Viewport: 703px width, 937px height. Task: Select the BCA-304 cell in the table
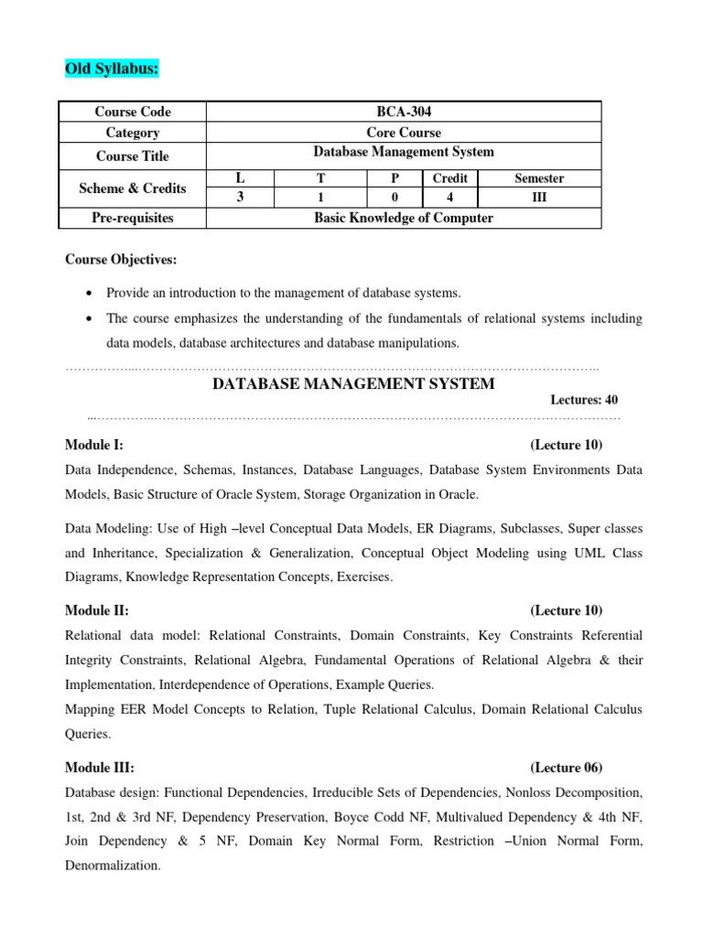click(403, 112)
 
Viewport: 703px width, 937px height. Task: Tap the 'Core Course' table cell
click(403, 133)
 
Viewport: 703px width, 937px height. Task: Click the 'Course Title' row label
click(133, 156)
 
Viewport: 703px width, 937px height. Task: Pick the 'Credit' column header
click(449, 178)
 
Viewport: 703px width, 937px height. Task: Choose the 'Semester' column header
click(539, 178)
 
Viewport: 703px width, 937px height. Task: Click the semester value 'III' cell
click(539, 198)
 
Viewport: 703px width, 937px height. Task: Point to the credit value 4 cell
click(449, 198)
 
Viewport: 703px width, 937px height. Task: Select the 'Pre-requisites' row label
click(133, 218)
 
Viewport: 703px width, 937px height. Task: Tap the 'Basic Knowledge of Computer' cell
click(403, 218)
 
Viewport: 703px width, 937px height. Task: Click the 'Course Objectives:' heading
click(121, 261)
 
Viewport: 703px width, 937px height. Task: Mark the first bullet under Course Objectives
click(88, 294)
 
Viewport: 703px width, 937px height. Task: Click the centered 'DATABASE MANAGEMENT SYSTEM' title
click(353, 383)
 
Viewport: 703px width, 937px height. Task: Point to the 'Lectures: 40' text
click(584, 400)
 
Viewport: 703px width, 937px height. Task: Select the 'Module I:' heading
click(94, 445)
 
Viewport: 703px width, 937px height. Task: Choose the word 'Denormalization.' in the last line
click(113, 865)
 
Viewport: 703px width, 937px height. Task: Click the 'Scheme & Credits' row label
click(133, 188)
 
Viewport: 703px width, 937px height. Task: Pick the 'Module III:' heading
click(100, 768)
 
